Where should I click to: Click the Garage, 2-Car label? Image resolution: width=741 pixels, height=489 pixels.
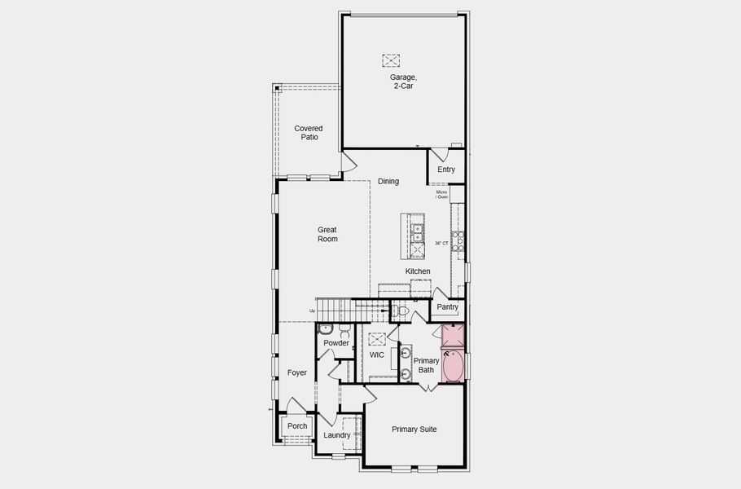tap(402, 81)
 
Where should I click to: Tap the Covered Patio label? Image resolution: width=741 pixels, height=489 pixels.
tap(309, 133)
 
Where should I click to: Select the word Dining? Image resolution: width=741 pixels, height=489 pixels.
tap(388, 182)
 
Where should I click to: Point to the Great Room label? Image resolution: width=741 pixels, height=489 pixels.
tap(327, 235)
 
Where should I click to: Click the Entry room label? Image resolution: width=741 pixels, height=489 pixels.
tap(446, 170)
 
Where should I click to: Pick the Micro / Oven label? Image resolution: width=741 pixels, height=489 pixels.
tap(442, 195)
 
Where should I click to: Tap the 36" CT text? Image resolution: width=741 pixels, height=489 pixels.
tap(441, 244)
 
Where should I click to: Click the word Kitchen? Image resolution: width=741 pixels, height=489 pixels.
tap(418, 271)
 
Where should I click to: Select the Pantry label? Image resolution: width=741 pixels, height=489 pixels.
tap(447, 307)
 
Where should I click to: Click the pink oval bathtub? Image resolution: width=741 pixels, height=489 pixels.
tap(453, 367)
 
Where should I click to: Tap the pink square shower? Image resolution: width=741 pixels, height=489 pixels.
tap(453, 336)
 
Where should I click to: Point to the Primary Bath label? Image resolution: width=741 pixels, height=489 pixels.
tap(426, 365)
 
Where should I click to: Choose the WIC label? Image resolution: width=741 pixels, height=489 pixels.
tap(377, 355)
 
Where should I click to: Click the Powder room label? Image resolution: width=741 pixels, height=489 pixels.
tap(336, 343)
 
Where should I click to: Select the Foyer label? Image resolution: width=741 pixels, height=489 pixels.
tap(297, 372)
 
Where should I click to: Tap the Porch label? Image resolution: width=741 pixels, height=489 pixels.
tap(297, 426)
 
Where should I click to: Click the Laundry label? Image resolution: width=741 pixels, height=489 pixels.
tap(336, 435)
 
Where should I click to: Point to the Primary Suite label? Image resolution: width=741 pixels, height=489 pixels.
tap(414, 429)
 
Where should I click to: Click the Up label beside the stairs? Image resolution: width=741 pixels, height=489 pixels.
tap(312, 311)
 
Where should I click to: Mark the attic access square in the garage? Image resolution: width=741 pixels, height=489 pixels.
tap(391, 60)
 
